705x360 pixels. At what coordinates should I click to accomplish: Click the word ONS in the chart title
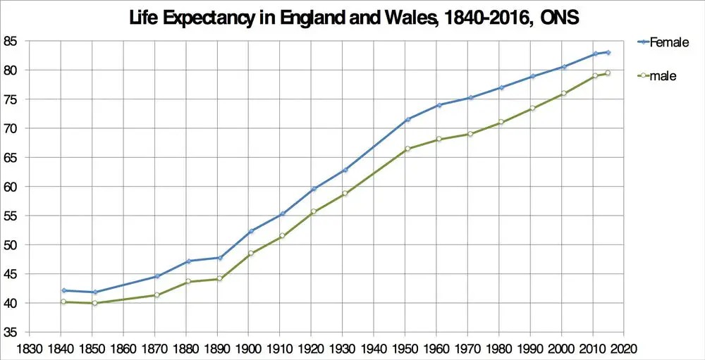(560, 19)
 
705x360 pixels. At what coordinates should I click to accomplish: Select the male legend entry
(657, 76)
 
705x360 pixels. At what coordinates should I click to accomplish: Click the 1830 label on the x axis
(29, 349)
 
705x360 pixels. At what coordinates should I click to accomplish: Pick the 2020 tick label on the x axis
(624, 349)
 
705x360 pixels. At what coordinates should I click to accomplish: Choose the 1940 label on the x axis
(373, 349)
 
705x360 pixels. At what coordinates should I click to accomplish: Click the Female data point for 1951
(407, 119)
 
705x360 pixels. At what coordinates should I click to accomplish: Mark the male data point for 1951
(407, 149)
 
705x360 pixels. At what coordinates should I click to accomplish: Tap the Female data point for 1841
(64, 290)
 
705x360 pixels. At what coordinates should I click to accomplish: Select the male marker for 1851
(95, 303)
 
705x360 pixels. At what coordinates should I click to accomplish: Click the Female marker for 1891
(220, 258)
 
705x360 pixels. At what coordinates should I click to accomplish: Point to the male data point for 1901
(251, 253)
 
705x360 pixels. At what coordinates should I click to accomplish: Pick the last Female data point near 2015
(608, 52)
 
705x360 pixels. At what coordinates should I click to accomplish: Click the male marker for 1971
(470, 134)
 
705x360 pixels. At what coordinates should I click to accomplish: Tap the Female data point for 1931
(345, 170)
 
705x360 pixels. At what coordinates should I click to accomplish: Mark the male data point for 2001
(564, 93)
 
